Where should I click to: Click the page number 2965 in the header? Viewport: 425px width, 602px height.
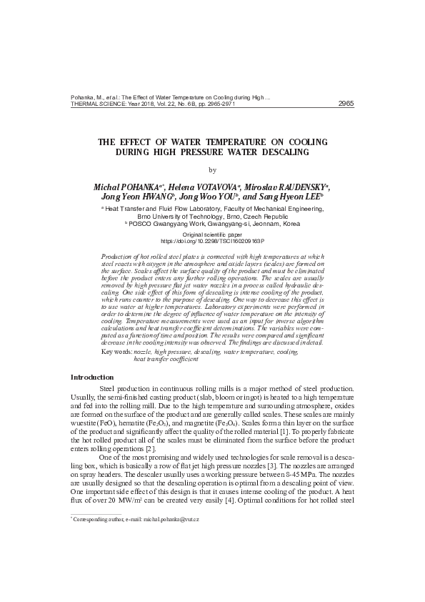click(346, 103)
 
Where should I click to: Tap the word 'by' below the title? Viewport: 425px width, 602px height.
click(212, 170)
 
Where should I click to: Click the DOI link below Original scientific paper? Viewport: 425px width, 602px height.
click(212, 241)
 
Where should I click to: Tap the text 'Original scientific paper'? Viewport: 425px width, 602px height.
click(212, 235)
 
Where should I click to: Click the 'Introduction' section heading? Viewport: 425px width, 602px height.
click(92, 377)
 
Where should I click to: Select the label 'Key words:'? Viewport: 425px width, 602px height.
click(117, 353)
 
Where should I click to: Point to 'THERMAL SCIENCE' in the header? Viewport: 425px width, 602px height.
click(95, 104)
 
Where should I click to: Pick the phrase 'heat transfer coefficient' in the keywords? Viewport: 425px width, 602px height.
click(166, 360)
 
